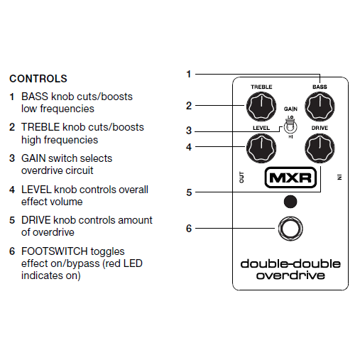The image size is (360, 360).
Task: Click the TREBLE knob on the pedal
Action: [x=261, y=107]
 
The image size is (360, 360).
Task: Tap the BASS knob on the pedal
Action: [x=320, y=107]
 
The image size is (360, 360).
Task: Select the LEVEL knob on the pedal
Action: [x=261, y=148]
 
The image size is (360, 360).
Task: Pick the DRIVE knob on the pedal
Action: [x=320, y=148]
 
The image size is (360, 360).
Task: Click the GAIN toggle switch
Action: [x=290, y=126]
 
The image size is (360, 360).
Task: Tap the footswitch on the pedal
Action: [x=290, y=229]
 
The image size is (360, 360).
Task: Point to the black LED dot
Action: [x=290, y=202]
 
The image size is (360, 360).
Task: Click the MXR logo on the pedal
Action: [x=290, y=178]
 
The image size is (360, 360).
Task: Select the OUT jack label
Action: [x=241, y=178]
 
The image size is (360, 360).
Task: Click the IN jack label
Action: [x=339, y=178]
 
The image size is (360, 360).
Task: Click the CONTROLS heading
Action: [x=38, y=79]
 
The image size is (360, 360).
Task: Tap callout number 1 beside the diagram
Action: [x=189, y=74]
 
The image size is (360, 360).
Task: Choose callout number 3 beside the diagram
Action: [x=189, y=131]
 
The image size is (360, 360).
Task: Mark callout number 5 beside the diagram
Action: [x=189, y=192]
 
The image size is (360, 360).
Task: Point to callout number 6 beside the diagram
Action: [x=189, y=229]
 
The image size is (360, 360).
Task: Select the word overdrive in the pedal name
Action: [x=290, y=276]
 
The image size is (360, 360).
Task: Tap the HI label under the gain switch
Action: [x=290, y=137]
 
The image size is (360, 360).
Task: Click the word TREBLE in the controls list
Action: [x=40, y=127]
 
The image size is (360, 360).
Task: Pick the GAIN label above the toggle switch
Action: [x=290, y=109]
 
